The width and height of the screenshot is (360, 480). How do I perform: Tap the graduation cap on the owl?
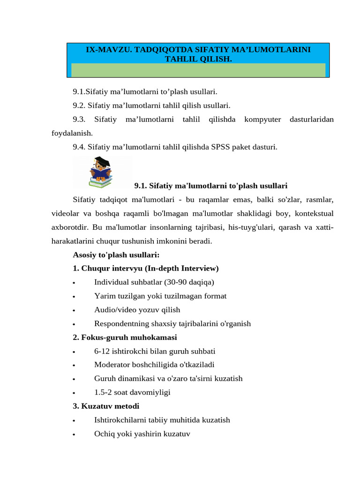(x=105, y=162)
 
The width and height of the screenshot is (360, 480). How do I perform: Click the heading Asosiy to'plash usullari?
(x=116, y=255)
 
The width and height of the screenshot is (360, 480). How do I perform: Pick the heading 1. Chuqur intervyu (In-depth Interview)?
(x=146, y=269)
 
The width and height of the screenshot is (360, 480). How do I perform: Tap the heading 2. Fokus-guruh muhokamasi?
(x=125, y=337)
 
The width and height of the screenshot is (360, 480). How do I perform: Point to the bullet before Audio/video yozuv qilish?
(x=75, y=311)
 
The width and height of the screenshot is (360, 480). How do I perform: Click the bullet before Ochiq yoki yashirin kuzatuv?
(x=75, y=435)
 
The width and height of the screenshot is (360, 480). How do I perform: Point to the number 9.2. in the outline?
(x=79, y=105)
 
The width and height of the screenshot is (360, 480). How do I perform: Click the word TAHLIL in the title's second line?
(x=177, y=59)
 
